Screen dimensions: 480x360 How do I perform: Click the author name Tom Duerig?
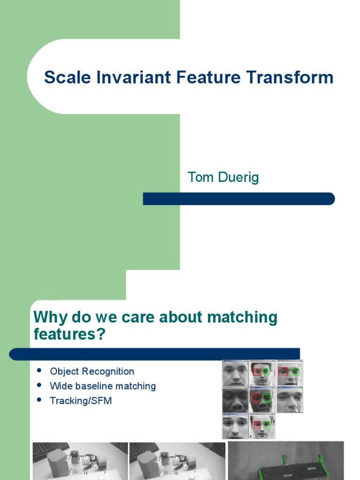223,178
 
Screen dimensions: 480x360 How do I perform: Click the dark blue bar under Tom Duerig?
239,199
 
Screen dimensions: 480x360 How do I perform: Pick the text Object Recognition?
92,371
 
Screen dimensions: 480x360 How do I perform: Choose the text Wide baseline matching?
103,386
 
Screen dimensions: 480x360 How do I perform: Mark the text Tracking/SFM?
81,401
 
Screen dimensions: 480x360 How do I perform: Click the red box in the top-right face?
282,372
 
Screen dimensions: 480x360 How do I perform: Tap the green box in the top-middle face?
266,372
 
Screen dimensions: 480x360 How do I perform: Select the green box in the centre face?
267,398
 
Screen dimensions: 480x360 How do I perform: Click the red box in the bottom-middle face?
257,424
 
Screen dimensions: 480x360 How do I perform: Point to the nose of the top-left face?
235,375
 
